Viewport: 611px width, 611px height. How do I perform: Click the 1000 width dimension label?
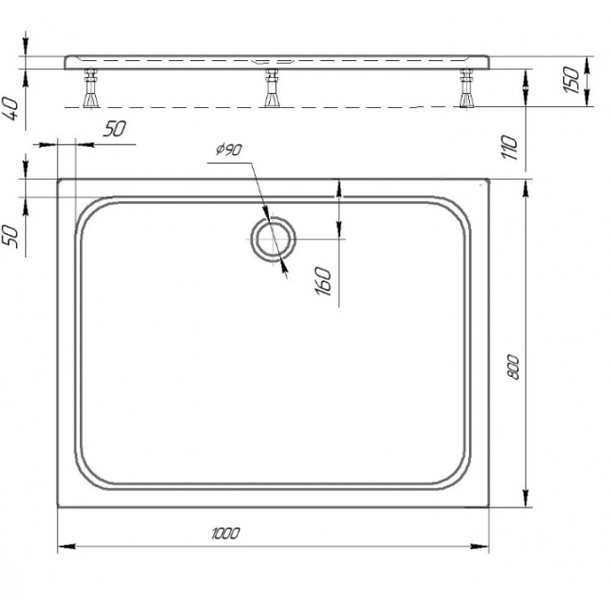[226, 533]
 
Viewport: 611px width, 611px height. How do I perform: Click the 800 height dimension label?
[513, 367]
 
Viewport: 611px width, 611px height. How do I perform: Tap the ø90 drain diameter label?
[229, 149]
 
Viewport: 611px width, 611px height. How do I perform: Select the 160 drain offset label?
[323, 281]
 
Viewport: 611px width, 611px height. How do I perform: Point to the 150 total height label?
[572, 80]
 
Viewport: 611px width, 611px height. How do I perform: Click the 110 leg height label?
[509, 147]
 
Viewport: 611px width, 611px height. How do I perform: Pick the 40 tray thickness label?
[11, 109]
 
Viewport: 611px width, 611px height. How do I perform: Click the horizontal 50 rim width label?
[115, 129]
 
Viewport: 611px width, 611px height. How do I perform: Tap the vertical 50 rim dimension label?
[11, 237]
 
